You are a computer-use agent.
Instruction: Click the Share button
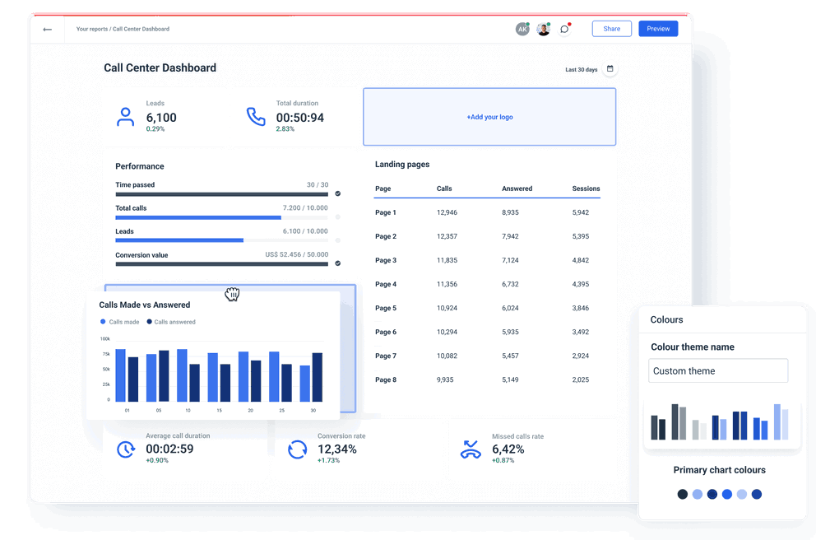(611, 29)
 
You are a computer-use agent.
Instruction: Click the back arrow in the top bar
(48, 30)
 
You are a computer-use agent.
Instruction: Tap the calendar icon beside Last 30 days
(610, 69)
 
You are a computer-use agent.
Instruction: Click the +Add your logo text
(489, 117)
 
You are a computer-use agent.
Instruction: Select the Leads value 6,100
(161, 118)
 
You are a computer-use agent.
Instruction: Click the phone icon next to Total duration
(256, 116)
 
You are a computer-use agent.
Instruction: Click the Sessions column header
(586, 189)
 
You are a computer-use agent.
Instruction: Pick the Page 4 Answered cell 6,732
(510, 284)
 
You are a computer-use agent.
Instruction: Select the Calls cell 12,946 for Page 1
(447, 212)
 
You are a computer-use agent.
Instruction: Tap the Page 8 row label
(386, 379)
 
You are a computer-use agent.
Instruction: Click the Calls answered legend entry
(174, 322)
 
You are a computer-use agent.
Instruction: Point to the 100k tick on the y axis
(105, 338)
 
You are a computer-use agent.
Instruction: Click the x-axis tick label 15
(219, 410)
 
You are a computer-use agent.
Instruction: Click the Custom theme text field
(717, 370)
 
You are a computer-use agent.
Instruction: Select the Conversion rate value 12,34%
(336, 449)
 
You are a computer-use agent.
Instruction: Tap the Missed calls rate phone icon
(470, 449)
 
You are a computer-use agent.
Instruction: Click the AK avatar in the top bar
(522, 29)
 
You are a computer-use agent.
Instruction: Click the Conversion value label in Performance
(141, 255)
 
